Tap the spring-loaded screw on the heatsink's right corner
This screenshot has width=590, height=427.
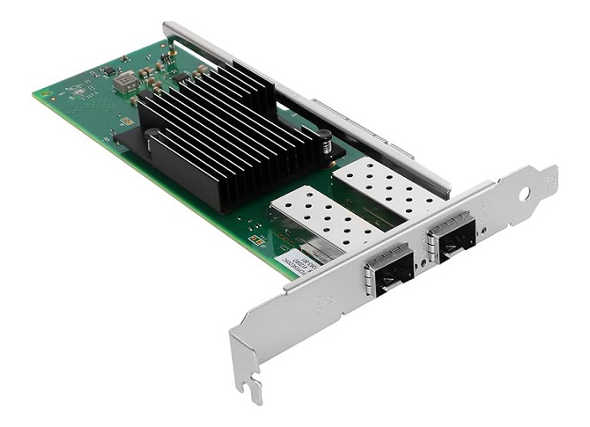pos(324,139)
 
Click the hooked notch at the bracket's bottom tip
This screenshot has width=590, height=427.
pos(253,388)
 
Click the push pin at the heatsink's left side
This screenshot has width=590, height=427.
pos(151,137)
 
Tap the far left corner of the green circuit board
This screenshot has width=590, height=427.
pos(37,92)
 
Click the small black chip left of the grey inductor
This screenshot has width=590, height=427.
pos(108,70)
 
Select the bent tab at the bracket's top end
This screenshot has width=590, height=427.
pos(548,176)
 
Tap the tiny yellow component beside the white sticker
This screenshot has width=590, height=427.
pos(254,239)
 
